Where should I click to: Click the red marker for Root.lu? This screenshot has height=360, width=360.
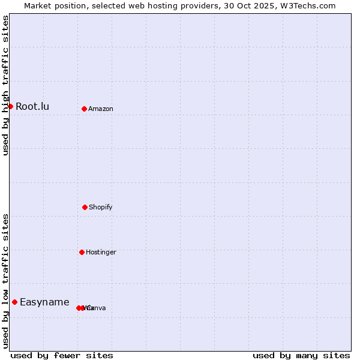pos(10,106)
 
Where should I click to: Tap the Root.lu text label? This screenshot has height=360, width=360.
pos(32,107)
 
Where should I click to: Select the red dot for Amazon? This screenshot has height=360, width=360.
pos(84,109)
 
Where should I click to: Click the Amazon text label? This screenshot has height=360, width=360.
pos(101,109)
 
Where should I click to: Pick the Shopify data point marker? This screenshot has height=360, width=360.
pos(85,207)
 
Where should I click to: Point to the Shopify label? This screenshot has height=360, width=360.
pos(101,208)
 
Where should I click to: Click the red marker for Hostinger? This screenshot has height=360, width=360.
pos(82,252)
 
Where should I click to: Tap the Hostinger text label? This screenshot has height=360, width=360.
pos(101,253)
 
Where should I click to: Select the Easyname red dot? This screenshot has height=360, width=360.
pos(14,302)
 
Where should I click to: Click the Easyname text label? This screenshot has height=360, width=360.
pos(44,302)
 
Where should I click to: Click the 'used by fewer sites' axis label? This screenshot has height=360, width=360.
pos(62,355)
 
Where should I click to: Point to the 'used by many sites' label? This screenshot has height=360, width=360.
pos(301,355)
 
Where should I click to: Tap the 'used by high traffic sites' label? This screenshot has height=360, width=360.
pos(6,85)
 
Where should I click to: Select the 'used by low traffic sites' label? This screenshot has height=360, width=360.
pos(6,280)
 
